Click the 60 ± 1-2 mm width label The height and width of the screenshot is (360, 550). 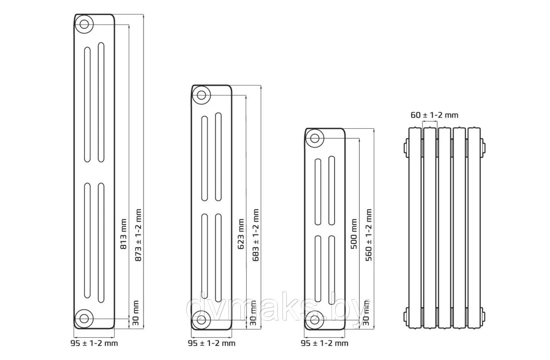(x=434, y=115)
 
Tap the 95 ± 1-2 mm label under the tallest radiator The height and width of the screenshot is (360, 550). (x=94, y=343)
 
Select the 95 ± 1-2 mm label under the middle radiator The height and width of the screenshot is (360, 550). (x=211, y=343)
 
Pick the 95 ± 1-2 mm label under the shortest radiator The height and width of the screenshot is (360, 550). (x=324, y=343)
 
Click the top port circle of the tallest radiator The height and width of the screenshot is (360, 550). (x=85, y=24)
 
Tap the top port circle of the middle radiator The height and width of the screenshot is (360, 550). (x=202, y=93)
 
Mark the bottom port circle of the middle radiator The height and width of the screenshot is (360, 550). (x=202, y=319)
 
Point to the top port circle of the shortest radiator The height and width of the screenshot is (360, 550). (x=315, y=138)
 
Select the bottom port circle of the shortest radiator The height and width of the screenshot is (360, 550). (x=315, y=319)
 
